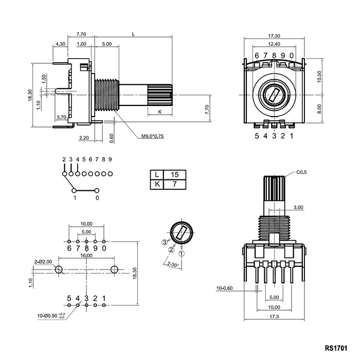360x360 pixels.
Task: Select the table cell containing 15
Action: click(x=175, y=175)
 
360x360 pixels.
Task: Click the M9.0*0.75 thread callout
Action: click(x=152, y=137)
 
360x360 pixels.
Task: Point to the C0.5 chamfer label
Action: click(x=301, y=172)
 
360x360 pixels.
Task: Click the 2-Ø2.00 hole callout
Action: click(x=43, y=262)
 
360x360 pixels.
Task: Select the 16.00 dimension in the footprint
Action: click(x=86, y=256)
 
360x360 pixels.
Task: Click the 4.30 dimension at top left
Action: click(x=60, y=44)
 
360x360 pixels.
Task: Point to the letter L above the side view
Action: click(x=134, y=34)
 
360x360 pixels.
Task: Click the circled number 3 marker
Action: click(x=165, y=242)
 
